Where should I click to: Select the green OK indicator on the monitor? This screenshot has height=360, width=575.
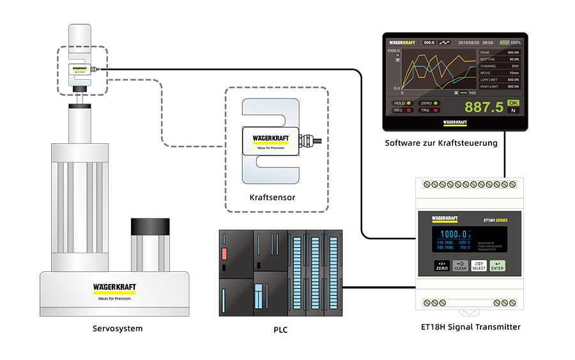click(x=513, y=102)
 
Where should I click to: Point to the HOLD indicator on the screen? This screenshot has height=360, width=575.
click(x=402, y=102)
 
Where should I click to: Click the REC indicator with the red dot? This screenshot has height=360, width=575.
click(x=402, y=110)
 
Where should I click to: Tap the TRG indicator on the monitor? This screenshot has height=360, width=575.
click(x=429, y=110)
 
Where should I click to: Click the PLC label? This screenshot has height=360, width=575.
click(x=281, y=330)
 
